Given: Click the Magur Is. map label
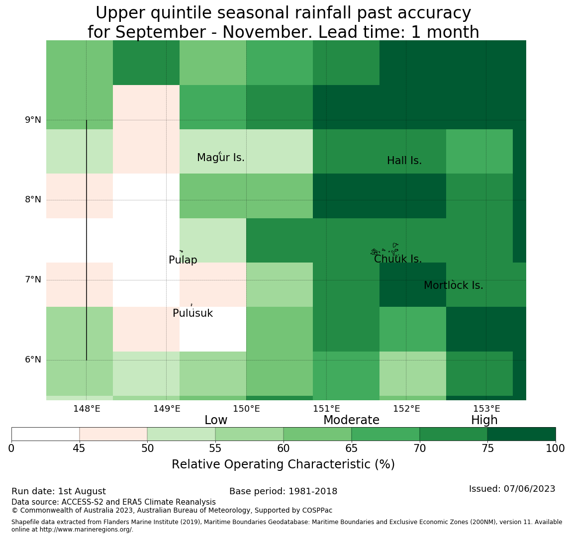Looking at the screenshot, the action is click(220, 158).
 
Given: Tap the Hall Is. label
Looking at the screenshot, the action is click(404, 161).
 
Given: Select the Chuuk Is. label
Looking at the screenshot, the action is click(398, 259).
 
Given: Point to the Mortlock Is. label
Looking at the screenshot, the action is click(454, 285).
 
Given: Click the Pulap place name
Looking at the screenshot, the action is click(183, 260).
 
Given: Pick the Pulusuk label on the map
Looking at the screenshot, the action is click(193, 313).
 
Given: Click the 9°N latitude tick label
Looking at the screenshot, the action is click(33, 120).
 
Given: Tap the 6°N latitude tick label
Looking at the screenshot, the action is click(33, 360).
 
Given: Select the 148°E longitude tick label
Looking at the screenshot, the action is click(87, 409).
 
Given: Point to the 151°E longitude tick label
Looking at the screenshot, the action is click(327, 409).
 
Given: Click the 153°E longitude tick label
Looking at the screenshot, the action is click(487, 409).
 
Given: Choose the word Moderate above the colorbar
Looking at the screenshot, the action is click(352, 420).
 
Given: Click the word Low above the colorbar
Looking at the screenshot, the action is click(216, 420).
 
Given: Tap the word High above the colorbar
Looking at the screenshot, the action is click(484, 420).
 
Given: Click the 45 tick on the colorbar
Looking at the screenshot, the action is click(79, 448).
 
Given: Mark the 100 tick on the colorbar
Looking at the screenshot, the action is click(556, 448).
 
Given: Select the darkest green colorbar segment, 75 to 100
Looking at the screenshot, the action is click(521, 434).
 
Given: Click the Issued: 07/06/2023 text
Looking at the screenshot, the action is click(512, 489).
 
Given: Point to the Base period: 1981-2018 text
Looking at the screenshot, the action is click(283, 491).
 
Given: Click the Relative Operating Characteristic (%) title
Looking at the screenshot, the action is click(283, 464).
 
